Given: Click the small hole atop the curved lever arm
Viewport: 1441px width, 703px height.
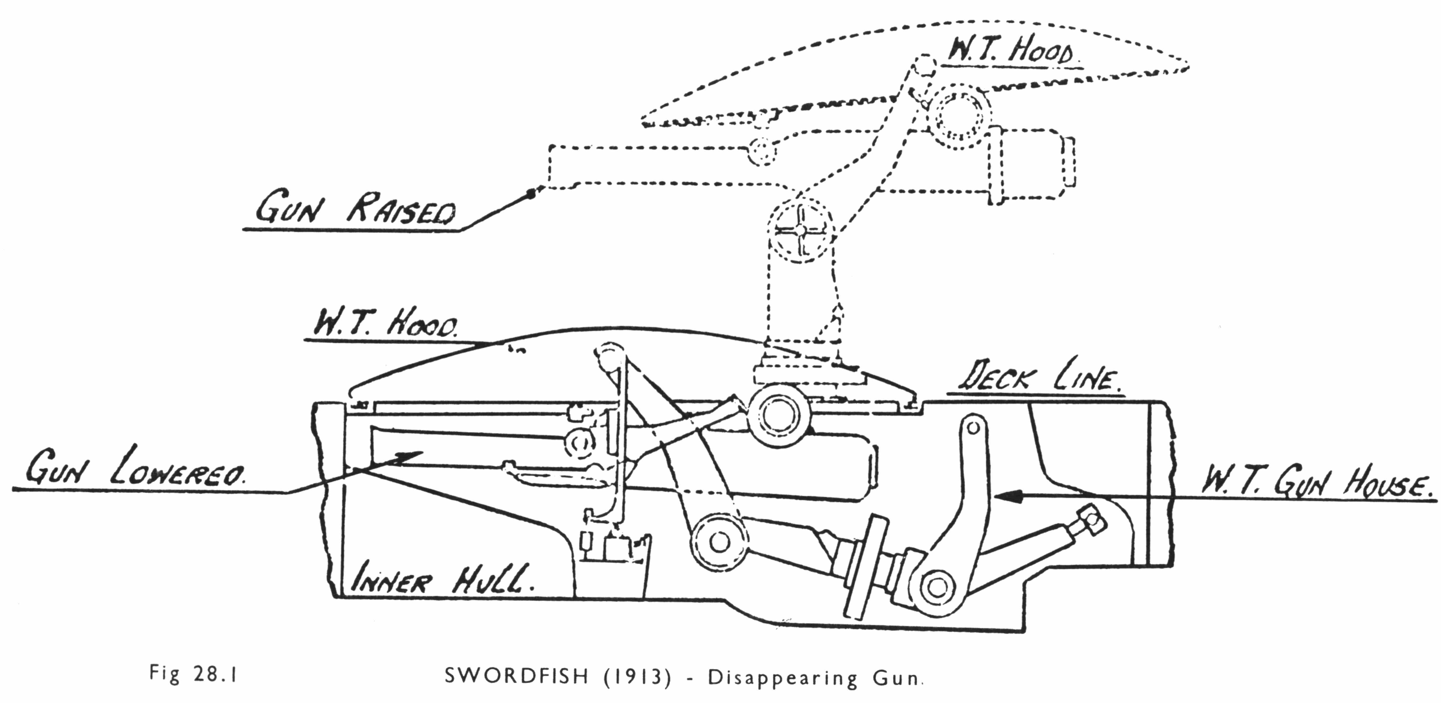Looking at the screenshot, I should [973, 428].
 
